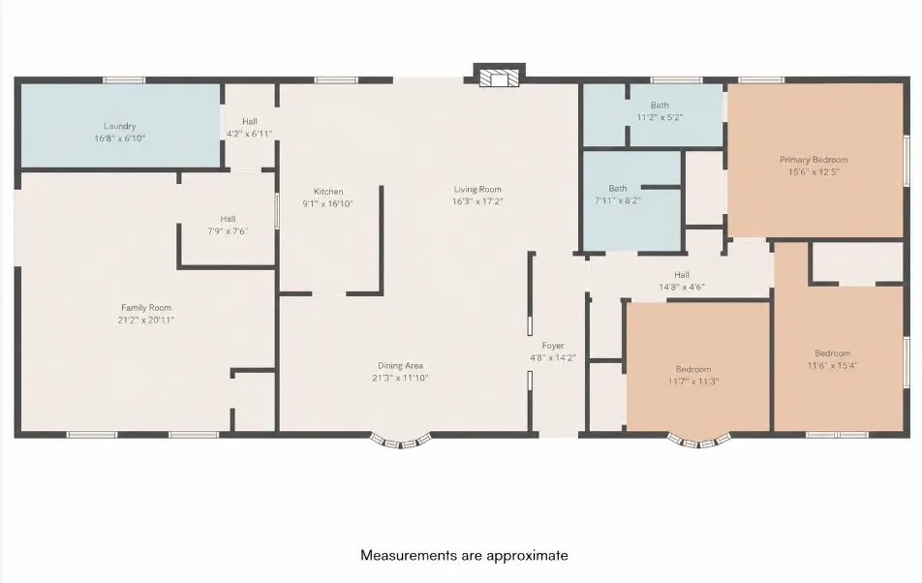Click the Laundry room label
pyautogui.click(x=120, y=126)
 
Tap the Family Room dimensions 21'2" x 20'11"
pyautogui.click(x=146, y=321)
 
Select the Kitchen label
pyautogui.click(x=328, y=192)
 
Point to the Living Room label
pyautogui.click(x=477, y=189)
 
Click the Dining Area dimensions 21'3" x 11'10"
pyautogui.click(x=400, y=378)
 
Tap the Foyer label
pyautogui.click(x=553, y=346)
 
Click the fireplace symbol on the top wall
pyautogui.click(x=499, y=78)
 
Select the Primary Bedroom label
pyautogui.click(x=814, y=160)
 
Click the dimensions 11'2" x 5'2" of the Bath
pyautogui.click(x=660, y=117)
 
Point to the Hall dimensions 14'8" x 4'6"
pyautogui.click(x=682, y=288)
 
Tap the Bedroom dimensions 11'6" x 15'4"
pyautogui.click(x=833, y=365)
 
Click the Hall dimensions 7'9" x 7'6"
pyautogui.click(x=228, y=231)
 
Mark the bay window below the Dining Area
pyautogui.click(x=400, y=441)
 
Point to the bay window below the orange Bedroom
pyautogui.click(x=699, y=441)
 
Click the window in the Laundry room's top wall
pyautogui.click(x=124, y=80)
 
